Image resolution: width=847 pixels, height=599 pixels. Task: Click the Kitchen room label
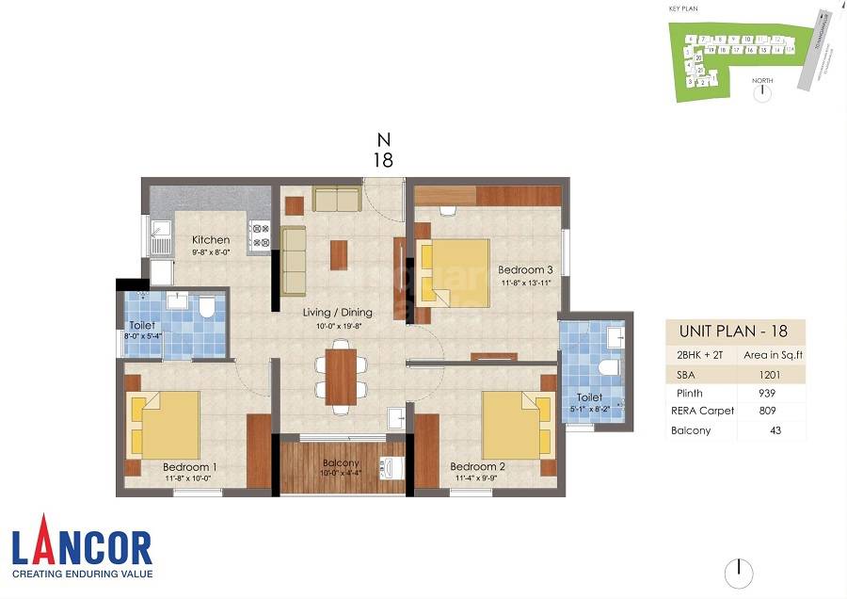pyautogui.click(x=210, y=240)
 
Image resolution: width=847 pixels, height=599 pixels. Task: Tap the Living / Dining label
pyautogui.click(x=337, y=312)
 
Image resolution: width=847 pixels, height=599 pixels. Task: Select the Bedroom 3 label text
pyautogui.click(x=525, y=269)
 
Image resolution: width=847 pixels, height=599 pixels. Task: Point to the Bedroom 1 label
pyautogui.click(x=189, y=466)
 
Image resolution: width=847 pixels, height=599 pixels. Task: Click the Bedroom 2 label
pyautogui.click(x=476, y=466)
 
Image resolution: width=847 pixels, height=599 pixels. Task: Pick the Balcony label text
pyautogui.click(x=340, y=462)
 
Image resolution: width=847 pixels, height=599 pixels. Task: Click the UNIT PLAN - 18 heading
pyautogui.click(x=735, y=332)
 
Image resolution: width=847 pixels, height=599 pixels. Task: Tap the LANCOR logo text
pyautogui.click(x=81, y=549)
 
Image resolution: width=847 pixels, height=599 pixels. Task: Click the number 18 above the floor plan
pyautogui.click(x=382, y=160)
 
